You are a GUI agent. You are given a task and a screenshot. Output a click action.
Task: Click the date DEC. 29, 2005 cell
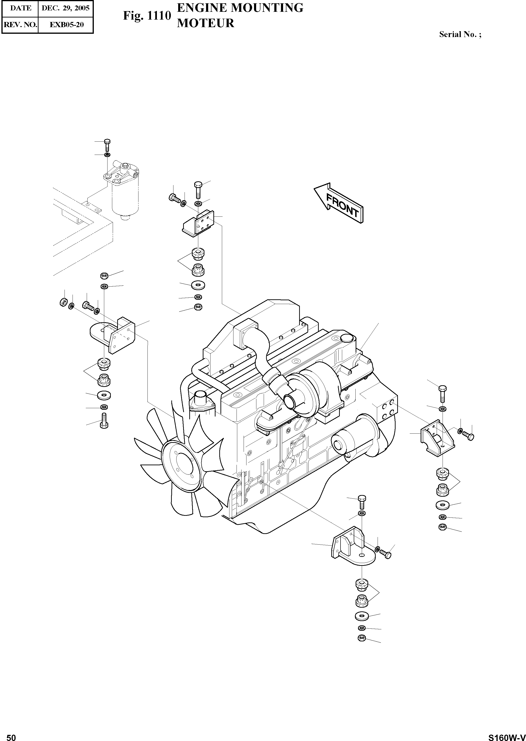[x=65, y=8]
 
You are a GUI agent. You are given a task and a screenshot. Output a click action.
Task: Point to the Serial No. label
[x=460, y=34]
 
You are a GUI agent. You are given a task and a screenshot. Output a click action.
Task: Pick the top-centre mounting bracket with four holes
[x=198, y=222]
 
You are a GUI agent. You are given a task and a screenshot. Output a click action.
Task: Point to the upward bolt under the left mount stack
[x=104, y=421]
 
